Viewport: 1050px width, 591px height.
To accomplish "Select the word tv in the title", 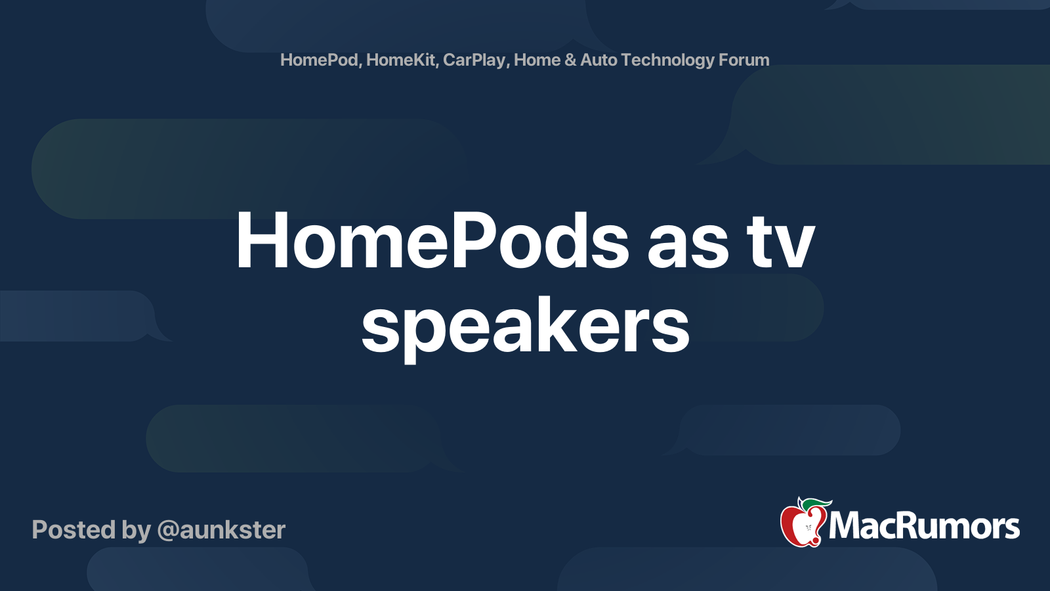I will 780,242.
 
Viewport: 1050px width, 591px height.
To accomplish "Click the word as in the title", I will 687,244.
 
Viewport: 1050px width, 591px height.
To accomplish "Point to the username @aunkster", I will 221,530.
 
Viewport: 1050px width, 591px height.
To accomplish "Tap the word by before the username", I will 136,531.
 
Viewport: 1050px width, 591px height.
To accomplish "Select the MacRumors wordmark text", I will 924,526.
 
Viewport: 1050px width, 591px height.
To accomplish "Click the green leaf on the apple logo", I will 816,503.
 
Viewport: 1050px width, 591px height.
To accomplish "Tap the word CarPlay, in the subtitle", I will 476,60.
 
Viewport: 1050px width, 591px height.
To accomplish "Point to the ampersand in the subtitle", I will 570,60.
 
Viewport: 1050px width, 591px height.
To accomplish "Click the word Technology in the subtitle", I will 667,60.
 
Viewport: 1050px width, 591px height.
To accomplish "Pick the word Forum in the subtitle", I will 744,60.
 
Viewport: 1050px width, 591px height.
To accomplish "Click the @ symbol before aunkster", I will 167,531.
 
